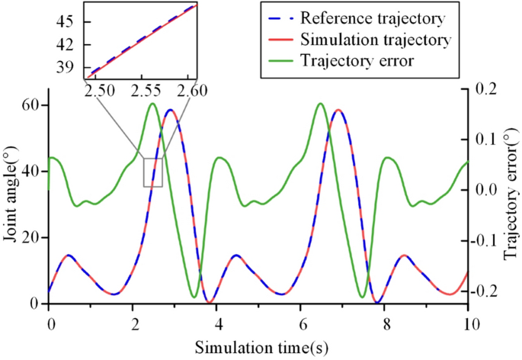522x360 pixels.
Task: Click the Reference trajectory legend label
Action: click(x=373, y=17)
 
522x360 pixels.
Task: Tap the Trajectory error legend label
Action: click(x=357, y=60)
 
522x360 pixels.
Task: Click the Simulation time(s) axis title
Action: click(x=259, y=347)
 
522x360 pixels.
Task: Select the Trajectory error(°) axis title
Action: click(x=511, y=197)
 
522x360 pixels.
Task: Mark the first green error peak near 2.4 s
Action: click(x=152, y=104)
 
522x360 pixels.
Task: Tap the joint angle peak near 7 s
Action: click(x=338, y=111)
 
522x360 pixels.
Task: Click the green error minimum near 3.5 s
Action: click(x=194, y=297)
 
